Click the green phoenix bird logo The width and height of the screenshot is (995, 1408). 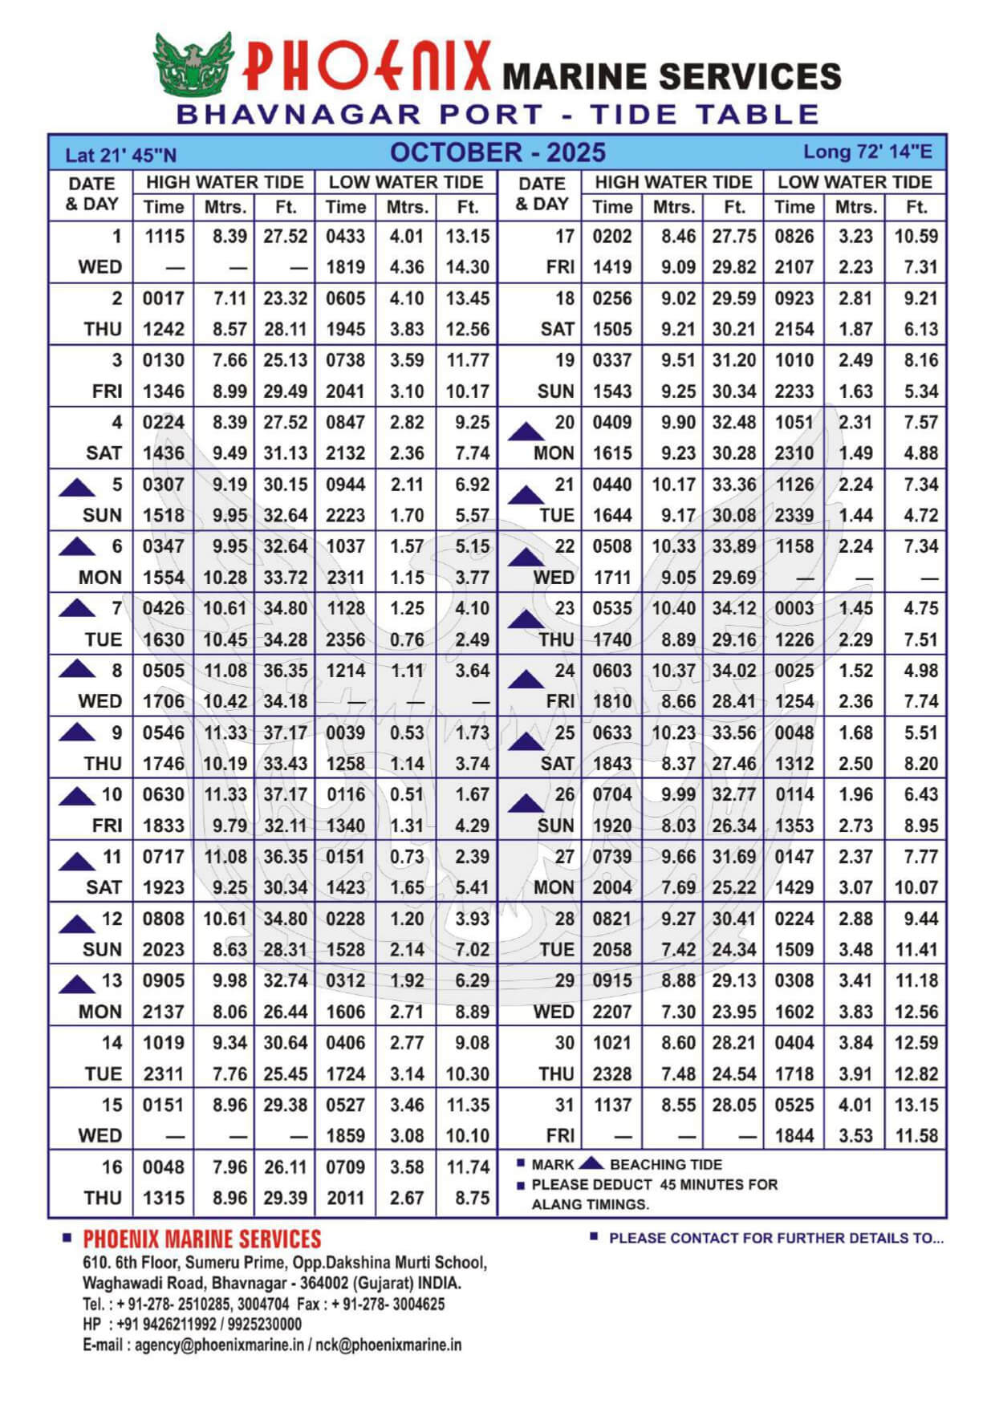(193, 63)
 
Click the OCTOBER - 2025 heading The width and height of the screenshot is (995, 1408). (497, 152)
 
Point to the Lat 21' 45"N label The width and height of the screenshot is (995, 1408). (120, 155)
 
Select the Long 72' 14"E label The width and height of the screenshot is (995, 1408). (867, 152)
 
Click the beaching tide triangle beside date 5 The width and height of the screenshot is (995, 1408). (77, 486)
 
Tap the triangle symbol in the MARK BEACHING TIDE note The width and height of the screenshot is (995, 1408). (591, 1163)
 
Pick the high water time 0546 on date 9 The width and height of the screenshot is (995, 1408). (164, 732)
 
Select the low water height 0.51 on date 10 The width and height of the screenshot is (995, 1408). (407, 794)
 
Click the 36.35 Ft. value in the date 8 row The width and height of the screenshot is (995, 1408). (285, 671)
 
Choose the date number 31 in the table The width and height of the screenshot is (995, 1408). (565, 1105)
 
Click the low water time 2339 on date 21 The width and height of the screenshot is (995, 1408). (794, 515)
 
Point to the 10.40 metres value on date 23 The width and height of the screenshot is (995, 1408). (674, 608)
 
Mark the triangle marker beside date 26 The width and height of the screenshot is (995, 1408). (526, 802)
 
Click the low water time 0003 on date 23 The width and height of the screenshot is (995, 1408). (794, 608)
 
